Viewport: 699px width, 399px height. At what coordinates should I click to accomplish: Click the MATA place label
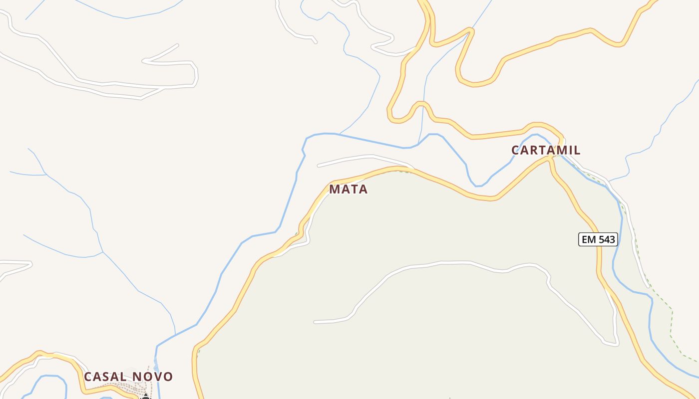(x=348, y=190)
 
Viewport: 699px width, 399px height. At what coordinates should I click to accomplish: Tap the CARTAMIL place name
(x=546, y=150)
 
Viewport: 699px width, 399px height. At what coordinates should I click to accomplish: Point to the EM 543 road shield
(x=598, y=239)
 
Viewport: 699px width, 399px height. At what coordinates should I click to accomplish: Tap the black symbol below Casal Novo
(x=145, y=397)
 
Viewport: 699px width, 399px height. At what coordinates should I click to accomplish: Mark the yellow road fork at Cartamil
(x=552, y=157)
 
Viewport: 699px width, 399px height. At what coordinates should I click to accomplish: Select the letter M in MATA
(x=334, y=190)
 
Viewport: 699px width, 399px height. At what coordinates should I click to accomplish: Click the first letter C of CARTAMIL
(x=515, y=150)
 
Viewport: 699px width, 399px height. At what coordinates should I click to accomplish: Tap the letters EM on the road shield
(x=589, y=239)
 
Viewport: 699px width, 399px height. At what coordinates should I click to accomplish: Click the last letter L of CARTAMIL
(x=577, y=150)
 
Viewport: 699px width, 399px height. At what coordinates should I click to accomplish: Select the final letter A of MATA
(x=363, y=190)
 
